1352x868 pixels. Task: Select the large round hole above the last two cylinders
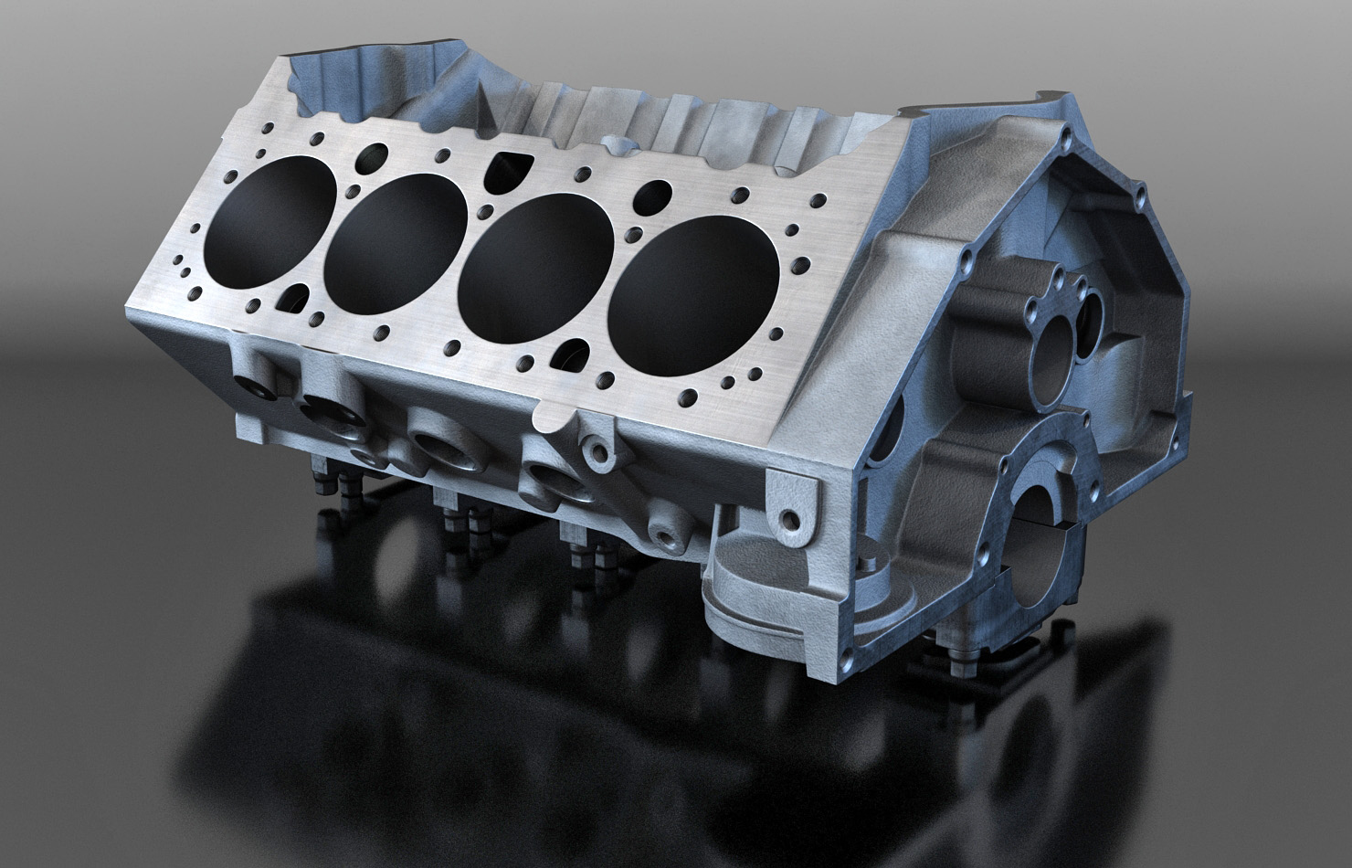tap(655, 195)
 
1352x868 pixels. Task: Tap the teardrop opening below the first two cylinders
tap(295, 296)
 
